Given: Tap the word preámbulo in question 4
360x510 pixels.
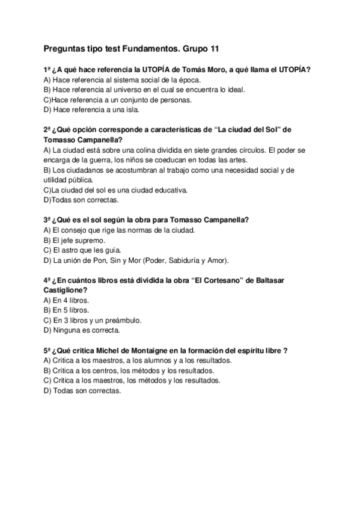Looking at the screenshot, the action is pos(124,321).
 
